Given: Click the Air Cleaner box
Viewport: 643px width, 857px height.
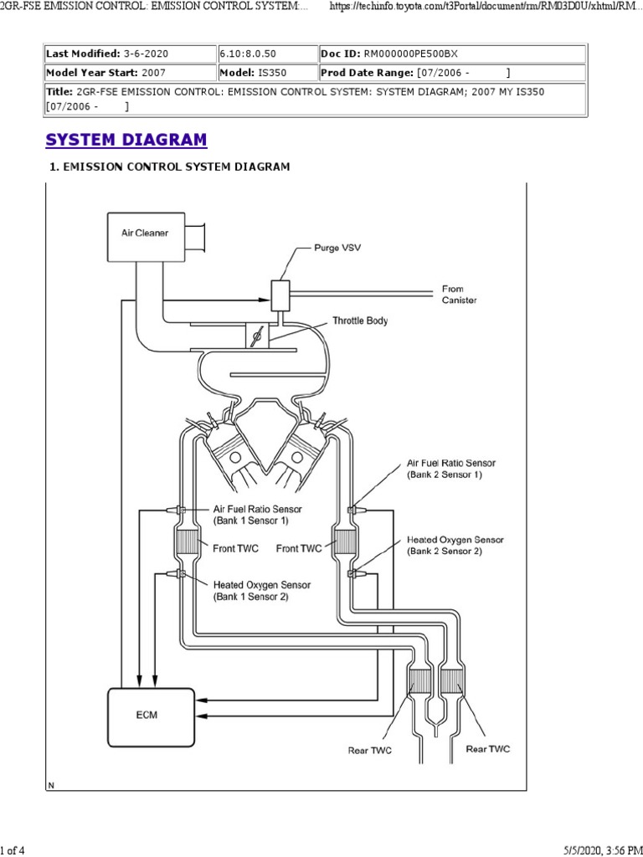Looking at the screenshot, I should pyautogui.click(x=145, y=233).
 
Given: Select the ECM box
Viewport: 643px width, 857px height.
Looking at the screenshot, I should pyautogui.click(x=147, y=716).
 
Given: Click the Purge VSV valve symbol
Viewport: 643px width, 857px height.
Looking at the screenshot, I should pyautogui.click(x=280, y=294).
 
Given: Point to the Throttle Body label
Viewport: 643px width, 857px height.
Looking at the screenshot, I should pyautogui.click(x=360, y=321).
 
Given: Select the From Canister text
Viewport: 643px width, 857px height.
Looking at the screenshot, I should pyautogui.click(x=459, y=295).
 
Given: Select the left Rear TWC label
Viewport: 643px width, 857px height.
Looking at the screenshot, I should pyautogui.click(x=370, y=750).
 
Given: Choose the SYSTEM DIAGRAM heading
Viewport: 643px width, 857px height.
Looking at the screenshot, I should pyautogui.click(x=126, y=140).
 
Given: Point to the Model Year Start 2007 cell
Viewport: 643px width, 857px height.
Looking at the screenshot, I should pyautogui.click(x=129, y=73).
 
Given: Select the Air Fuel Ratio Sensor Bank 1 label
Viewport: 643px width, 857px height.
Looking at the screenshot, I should pyautogui.click(x=257, y=514).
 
